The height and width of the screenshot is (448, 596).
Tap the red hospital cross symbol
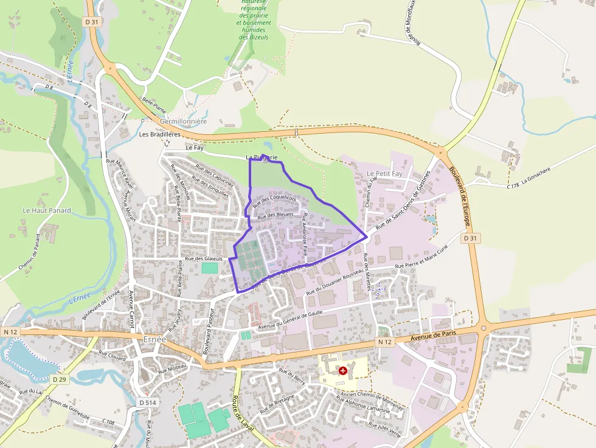tap(343, 370)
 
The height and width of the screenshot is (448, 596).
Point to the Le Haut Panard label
tap(47, 210)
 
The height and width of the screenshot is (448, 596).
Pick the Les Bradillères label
tap(160, 134)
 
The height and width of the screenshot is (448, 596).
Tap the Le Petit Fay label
tap(384, 174)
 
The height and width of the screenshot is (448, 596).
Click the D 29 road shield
tap(59, 379)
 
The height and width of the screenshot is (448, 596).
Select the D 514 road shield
tap(148, 402)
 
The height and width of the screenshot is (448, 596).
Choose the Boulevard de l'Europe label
tap(461, 190)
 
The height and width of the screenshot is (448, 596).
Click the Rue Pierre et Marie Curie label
tap(425, 259)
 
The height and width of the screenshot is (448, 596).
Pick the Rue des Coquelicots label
tap(274, 200)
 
